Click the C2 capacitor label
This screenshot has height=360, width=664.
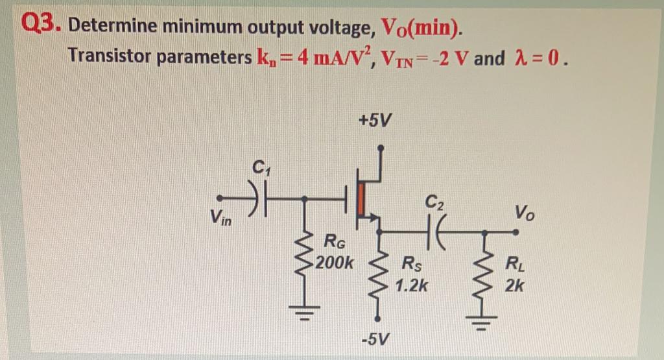tap(436, 202)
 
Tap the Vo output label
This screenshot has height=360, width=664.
tap(525, 211)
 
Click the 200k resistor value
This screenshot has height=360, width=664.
tap(338, 265)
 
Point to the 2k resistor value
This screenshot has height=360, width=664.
tap(515, 285)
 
